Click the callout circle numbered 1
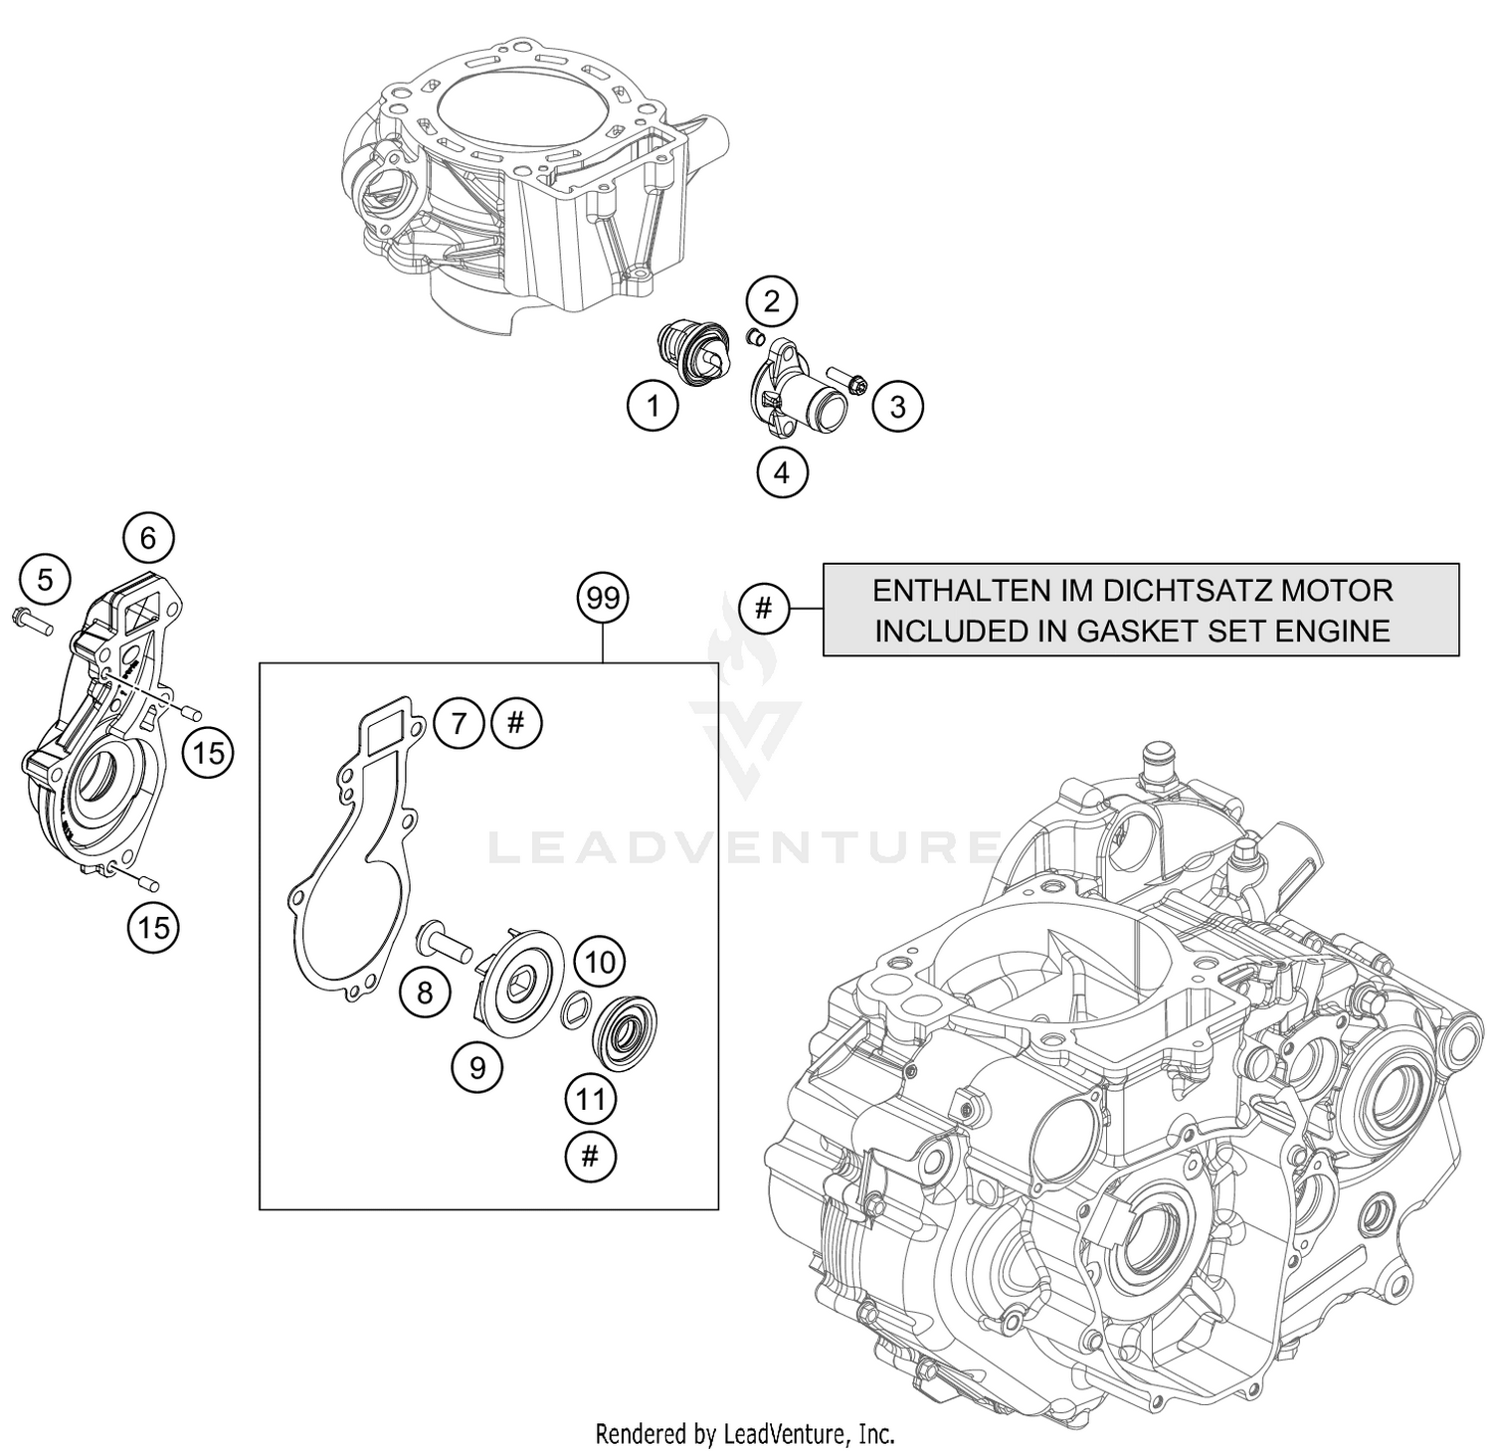click(653, 406)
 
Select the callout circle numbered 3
click(897, 406)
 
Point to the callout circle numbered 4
click(781, 472)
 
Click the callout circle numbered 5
click(45, 579)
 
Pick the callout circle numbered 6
click(148, 538)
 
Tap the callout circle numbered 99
click(604, 599)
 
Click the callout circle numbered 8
click(426, 992)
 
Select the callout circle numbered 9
click(477, 1067)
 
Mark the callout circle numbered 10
click(599, 962)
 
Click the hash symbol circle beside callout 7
click(515, 723)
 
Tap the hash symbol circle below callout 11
click(590, 1156)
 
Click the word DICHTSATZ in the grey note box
click(1160, 591)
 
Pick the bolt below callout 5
click(32, 620)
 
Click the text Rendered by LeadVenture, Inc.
click(745, 1433)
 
